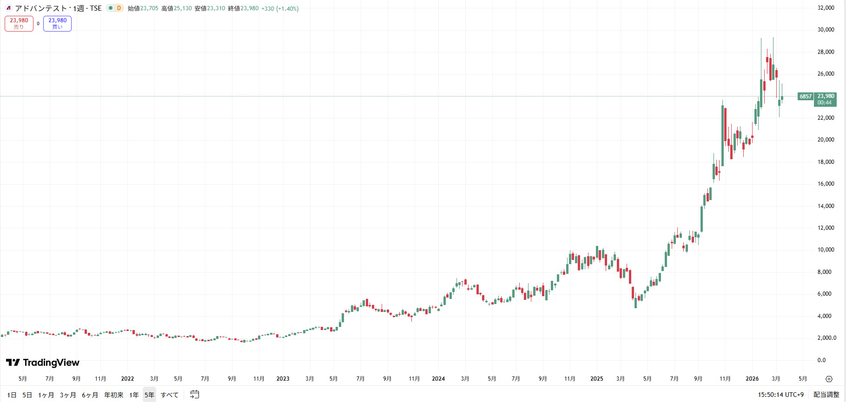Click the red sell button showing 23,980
(x=19, y=23)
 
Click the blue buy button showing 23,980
(x=57, y=23)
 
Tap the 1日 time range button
(x=12, y=395)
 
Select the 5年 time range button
(x=149, y=395)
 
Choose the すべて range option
(x=170, y=395)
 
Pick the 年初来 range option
(x=114, y=395)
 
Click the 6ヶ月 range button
(x=90, y=395)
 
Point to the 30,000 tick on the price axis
(x=826, y=30)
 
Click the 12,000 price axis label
(x=826, y=228)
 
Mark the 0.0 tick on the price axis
(x=822, y=360)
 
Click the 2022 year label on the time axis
(x=127, y=379)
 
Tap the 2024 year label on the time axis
(x=438, y=379)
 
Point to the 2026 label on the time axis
(x=752, y=379)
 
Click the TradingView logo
(x=43, y=363)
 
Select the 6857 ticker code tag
(x=806, y=97)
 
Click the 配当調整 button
(x=826, y=395)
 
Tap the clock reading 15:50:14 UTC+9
(x=780, y=395)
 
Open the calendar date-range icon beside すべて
(x=195, y=395)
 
